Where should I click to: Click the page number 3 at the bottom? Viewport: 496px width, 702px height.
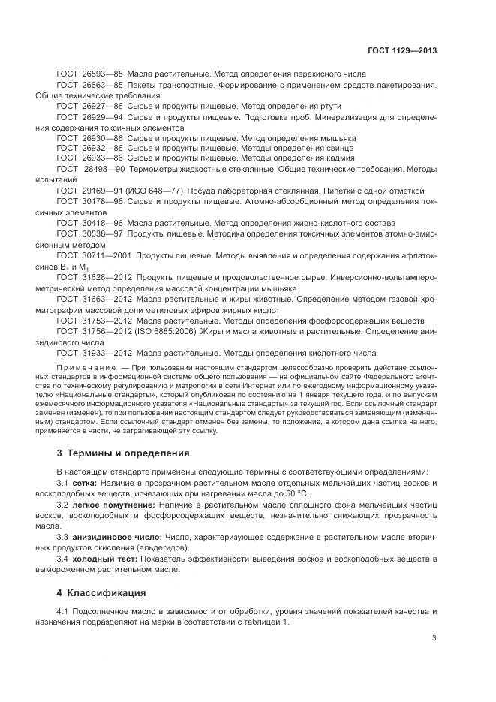pyautogui.click(x=434, y=638)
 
